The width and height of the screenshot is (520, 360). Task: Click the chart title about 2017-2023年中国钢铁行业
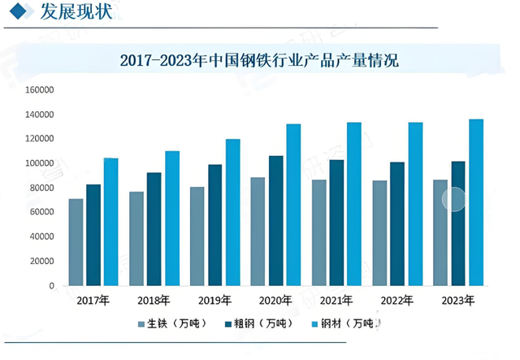[259, 60]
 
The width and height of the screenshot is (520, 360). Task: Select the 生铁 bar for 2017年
[76, 242]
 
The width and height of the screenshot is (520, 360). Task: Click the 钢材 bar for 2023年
[476, 202]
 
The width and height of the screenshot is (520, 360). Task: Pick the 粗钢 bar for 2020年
[276, 220]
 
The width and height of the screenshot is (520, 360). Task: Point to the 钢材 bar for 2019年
[233, 212]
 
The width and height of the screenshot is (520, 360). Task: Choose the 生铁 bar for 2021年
[319, 232]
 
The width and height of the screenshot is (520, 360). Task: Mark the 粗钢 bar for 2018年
[154, 229]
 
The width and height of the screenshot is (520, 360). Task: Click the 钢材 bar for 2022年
[415, 204]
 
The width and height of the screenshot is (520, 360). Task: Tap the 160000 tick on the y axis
[41, 90]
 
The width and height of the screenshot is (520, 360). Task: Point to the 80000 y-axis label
[43, 188]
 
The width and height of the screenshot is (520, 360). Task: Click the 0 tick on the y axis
[51, 286]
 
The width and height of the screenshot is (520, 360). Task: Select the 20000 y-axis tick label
[43, 262]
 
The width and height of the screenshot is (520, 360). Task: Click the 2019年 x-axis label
[215, 301]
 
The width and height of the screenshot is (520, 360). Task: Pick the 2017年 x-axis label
[93, 301]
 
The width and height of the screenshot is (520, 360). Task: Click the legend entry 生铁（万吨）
[174, 324]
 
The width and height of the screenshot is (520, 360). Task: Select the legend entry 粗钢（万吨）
[265, 324]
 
